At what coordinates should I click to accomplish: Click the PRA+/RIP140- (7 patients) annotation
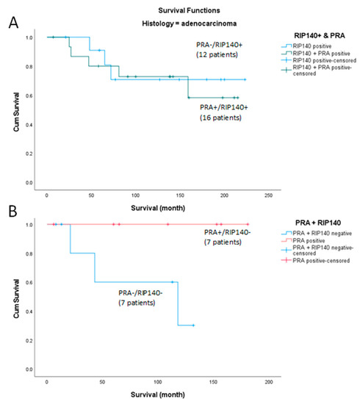[x=226, y=238]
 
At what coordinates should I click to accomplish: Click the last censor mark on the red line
[x=248, y=224]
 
